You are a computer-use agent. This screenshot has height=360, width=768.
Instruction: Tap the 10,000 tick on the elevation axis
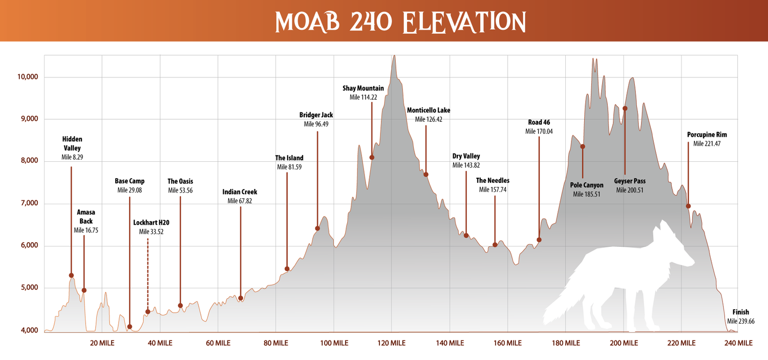pos(29,77)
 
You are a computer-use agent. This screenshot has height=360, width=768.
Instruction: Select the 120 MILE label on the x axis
pos(392,343)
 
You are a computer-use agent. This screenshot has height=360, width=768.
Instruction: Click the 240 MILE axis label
pos(738,343)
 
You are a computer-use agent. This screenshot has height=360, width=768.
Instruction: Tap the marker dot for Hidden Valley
pos(71,276)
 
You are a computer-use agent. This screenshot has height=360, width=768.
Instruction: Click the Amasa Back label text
pos(86,217)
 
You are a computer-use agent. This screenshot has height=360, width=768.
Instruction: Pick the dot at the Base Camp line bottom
pos(130,327)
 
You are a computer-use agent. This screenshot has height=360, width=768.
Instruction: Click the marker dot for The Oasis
pos(180,306)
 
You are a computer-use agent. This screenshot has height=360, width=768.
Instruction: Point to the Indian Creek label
pos(240,192)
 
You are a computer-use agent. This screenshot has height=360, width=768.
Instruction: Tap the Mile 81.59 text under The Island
pos(289,167)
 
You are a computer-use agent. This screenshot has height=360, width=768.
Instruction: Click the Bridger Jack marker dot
pos(317,228)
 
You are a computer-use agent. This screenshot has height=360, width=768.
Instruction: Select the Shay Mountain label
pos(363,89)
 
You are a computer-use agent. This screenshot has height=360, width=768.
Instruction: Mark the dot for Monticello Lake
pos(425,175)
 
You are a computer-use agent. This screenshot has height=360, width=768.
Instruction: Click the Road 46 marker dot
pos(539,240)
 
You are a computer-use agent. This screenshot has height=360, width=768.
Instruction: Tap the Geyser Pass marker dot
pos(625,109)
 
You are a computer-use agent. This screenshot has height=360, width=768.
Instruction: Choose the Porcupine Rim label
pos(707,135)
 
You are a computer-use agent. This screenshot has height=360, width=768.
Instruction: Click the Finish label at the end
pos(740,312)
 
